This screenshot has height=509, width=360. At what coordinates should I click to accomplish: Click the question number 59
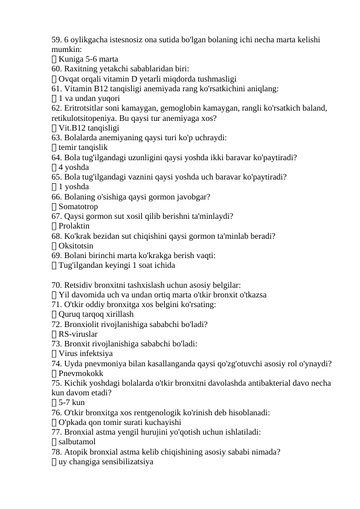[x=57, y=39]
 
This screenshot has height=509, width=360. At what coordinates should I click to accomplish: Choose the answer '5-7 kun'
[x=72, y=403]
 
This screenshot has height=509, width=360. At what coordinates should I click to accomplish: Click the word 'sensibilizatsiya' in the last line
[x=125, y=462]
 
